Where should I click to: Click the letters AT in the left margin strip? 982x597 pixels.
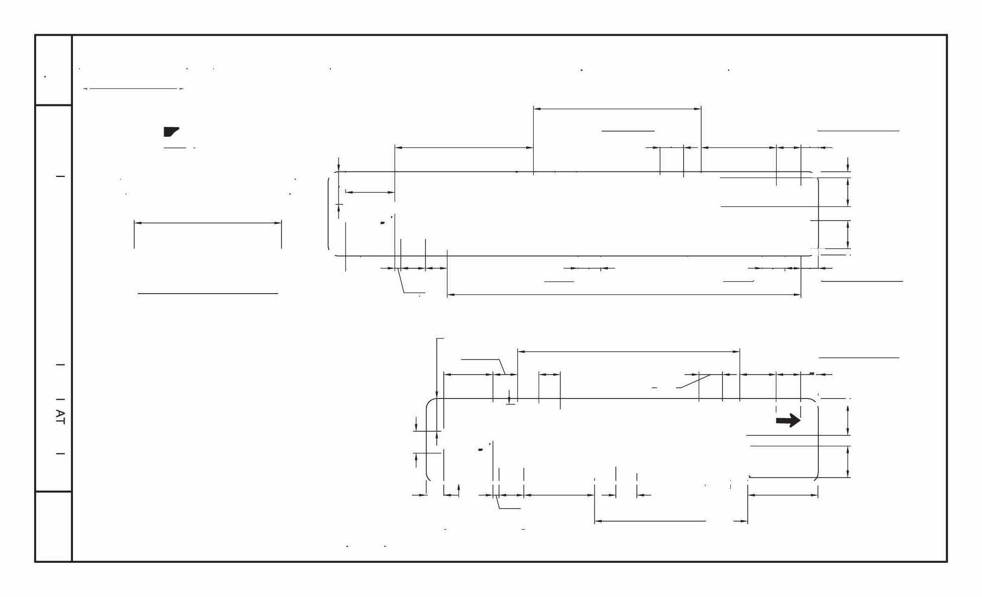click(60, 417)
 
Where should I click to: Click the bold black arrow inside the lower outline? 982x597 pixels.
click(788, 420)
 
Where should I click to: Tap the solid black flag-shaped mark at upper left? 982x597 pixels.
click(171, 132)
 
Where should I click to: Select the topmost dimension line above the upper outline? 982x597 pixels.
click(617, 109)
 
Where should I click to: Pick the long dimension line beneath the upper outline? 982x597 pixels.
click(624, 295)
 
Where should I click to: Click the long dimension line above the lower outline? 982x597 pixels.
click(628, 351)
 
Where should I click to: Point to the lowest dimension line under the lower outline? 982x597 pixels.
click(671, 521)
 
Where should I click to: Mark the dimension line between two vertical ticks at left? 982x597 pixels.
click(208, 223)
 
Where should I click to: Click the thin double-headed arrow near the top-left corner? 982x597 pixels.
click(133, 88)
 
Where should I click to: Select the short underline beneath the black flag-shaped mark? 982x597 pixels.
click(175, 148)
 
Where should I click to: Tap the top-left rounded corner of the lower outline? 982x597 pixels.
click(430, 403)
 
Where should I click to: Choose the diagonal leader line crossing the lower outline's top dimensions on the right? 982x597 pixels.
click(695, 381)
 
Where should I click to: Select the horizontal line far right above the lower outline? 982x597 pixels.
click(859, 358)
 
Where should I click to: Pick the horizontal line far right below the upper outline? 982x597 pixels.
click(861, 281)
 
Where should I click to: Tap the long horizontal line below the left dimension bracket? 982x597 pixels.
click(208, 294)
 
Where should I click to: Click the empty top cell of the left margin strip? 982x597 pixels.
click(53, 70)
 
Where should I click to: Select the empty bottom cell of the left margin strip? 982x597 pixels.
click(53, 526)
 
